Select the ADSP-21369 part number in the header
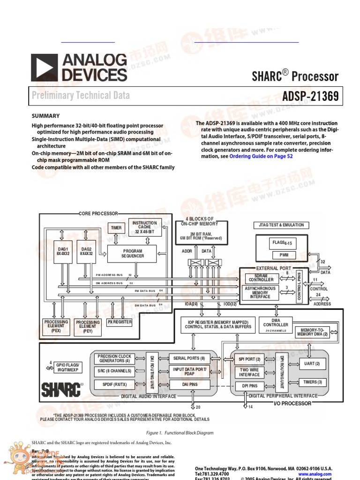(310, 97)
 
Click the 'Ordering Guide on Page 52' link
(261, 156)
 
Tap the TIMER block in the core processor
(116, 228)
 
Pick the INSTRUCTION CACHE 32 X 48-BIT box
(145, 227)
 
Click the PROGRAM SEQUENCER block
(132, 254)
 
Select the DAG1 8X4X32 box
(63, 251)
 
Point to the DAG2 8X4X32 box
(86, 251)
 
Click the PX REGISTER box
(120, 322)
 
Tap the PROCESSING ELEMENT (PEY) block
(88, 326)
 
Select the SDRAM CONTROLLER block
(261, 278)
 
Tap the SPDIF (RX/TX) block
(114, 384)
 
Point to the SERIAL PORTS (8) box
(189, 358)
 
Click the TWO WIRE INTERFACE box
(249, 372)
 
